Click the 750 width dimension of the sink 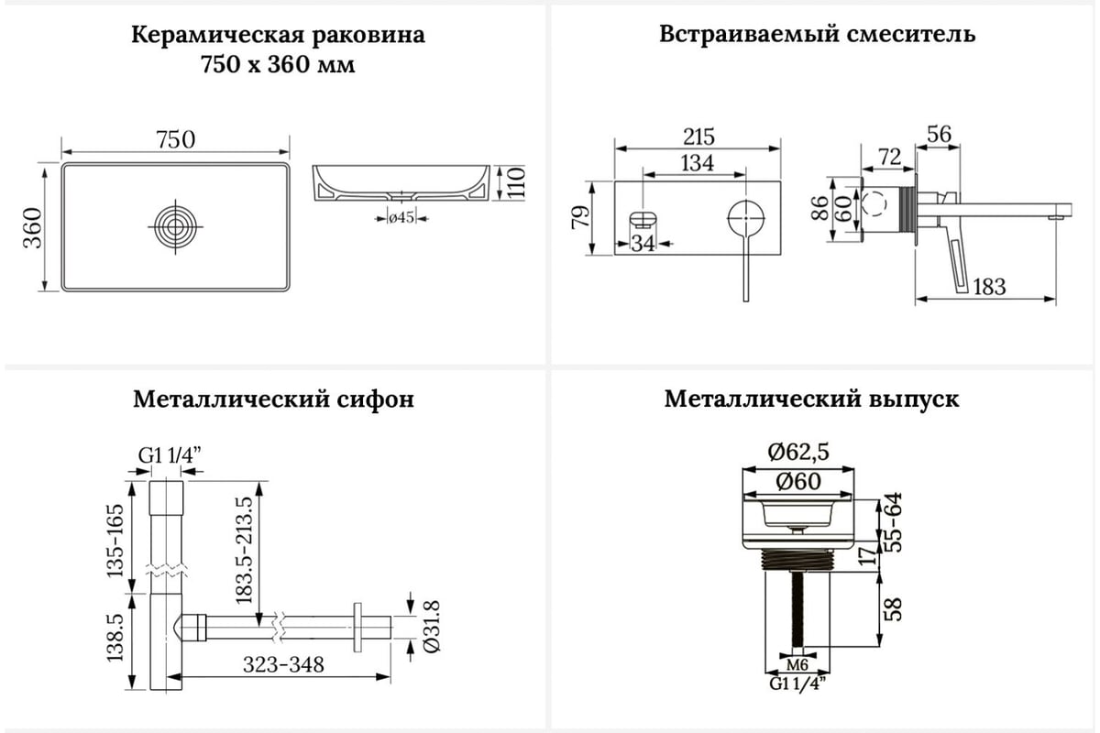click(x=175, y=139)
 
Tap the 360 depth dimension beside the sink click(x=33, y=228)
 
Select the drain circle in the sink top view click(x=175, y=226)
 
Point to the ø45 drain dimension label click(x=401, y=217)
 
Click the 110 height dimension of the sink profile click(x=515, y=182)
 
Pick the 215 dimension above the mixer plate click(x=698, y=137)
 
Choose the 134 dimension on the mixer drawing click(x=698, y=163)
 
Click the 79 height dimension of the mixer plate click(x=580, y=217)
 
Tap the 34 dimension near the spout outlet click(x=643, y=243)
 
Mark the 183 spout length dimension click(x=989, y=287)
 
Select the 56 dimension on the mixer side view click(x=939, y=134)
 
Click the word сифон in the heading click(x=375, y=399)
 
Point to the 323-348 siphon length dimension click(x=283, y=665)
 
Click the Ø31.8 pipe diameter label click(x=432, y=627)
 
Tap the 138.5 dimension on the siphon click(x=115, y=637)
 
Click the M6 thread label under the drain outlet click(x=797, y=665)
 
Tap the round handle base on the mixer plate click(x=746, y=218)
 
